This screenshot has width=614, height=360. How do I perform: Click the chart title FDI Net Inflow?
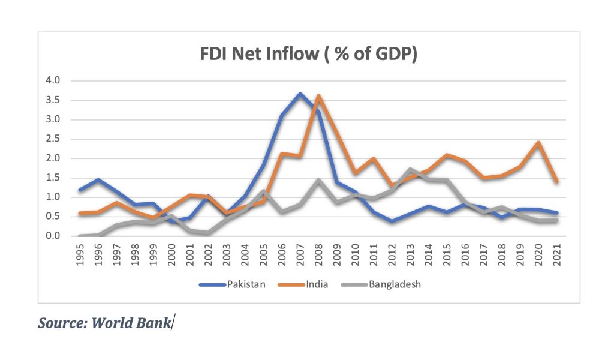(308, 55)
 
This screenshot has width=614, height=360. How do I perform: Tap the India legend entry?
(317, 284)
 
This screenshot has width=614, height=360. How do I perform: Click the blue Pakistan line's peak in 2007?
(300, 94)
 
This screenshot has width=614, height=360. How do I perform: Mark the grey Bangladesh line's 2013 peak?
(411, 170)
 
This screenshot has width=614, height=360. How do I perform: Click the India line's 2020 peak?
(538, 142)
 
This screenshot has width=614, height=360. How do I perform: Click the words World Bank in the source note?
(140, 323)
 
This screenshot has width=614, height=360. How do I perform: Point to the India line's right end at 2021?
(557, 181)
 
